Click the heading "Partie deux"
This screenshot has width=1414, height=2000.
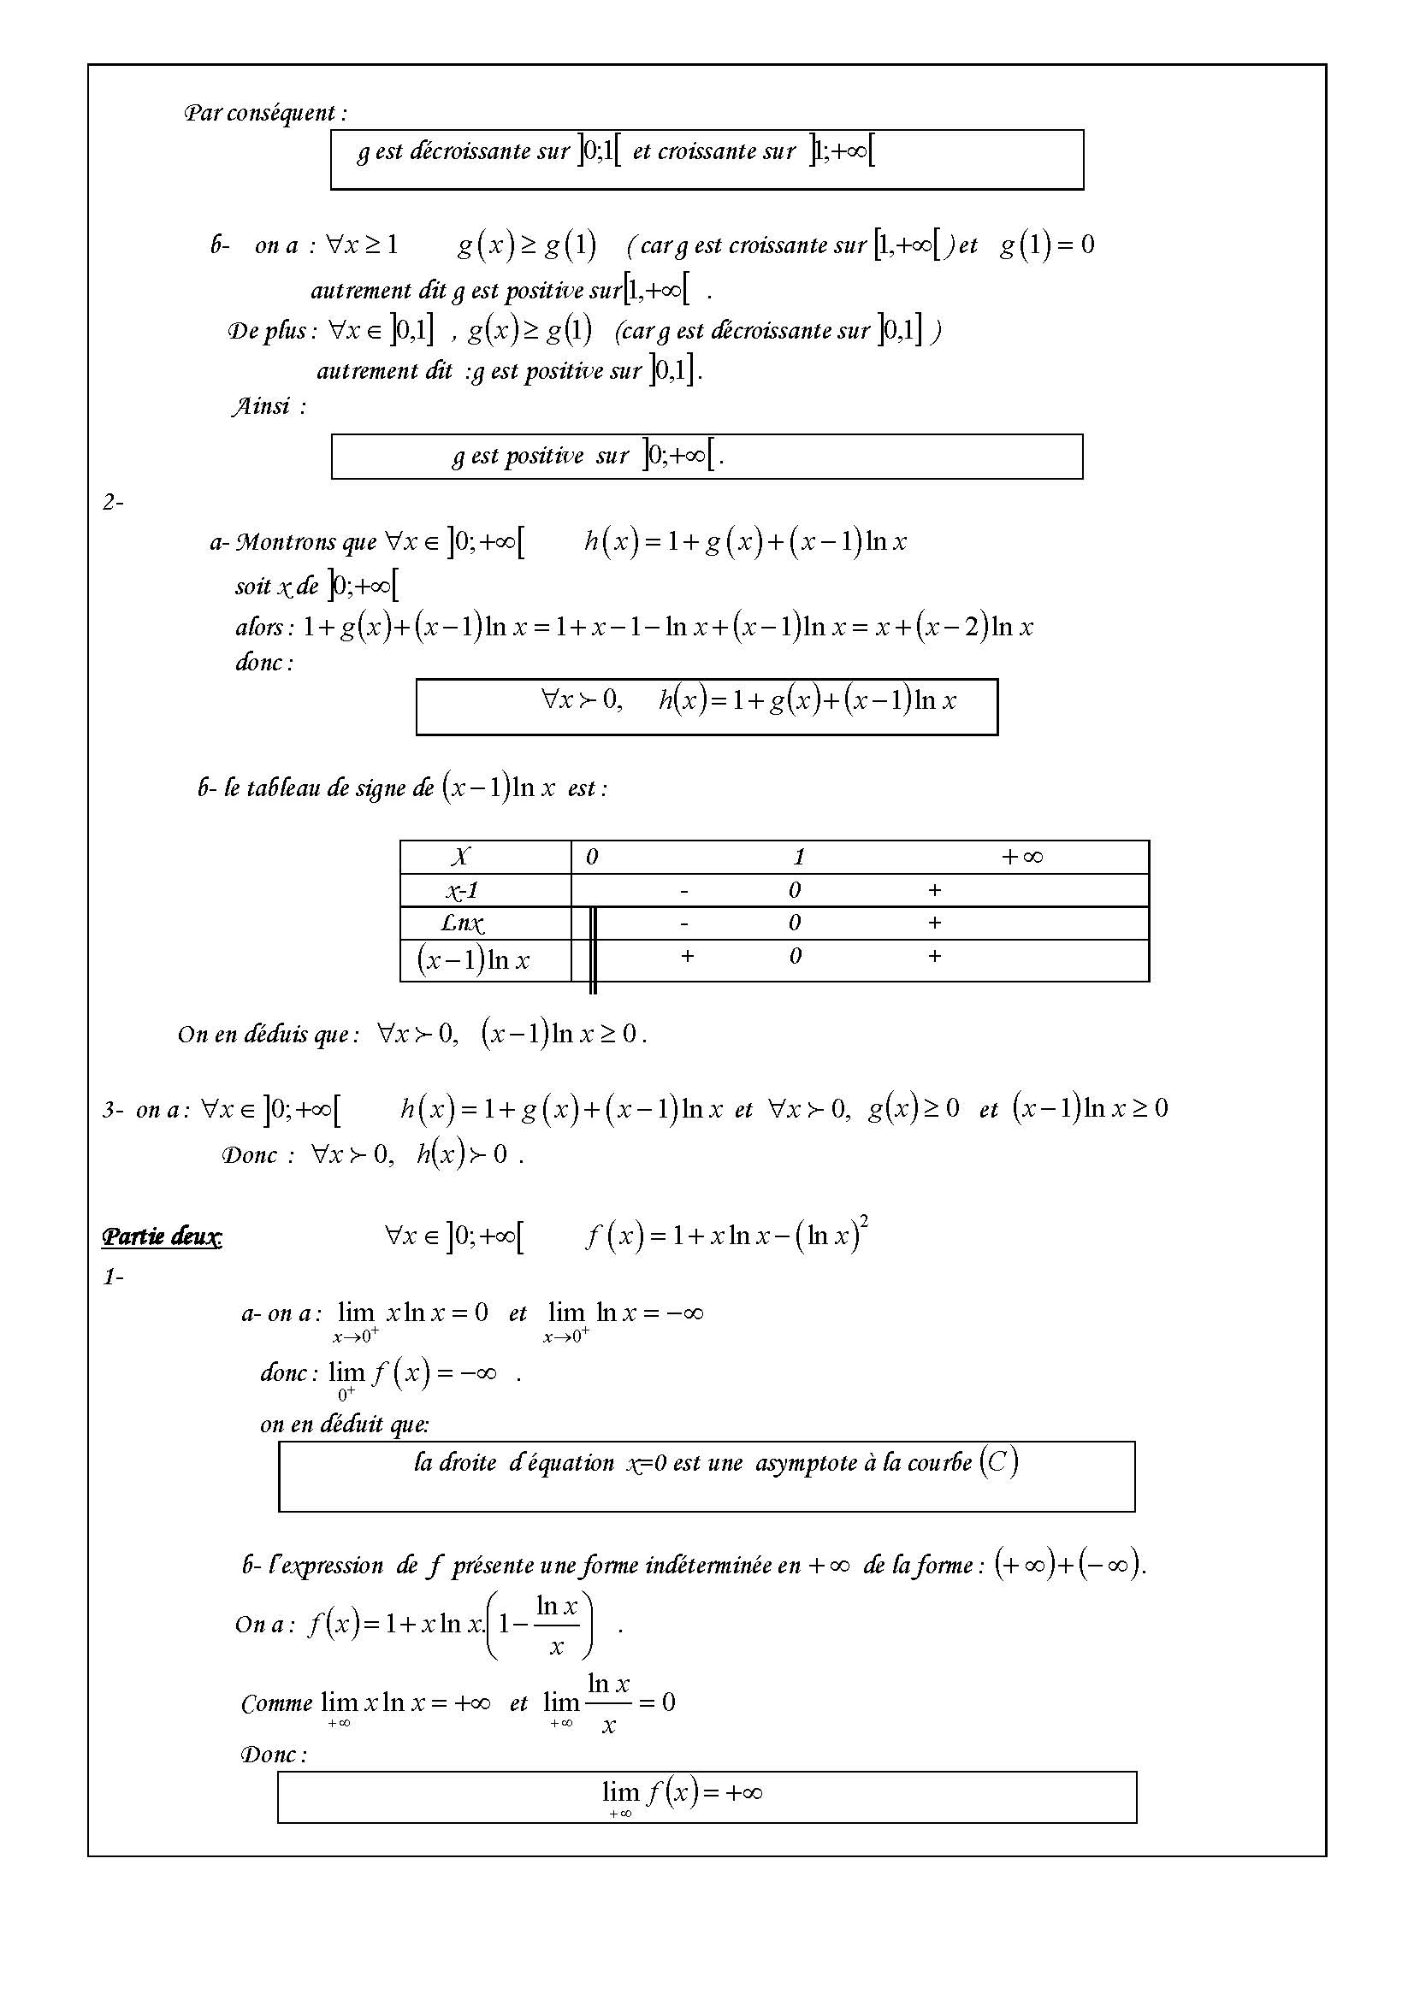pos(161,1236)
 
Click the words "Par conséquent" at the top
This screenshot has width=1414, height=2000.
pos(265,112)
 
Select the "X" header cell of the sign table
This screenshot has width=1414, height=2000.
pos(460,857)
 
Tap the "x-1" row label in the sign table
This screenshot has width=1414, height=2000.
pos(462,890)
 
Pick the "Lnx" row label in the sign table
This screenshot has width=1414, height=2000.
pos(462,923)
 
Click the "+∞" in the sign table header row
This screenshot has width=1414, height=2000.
pos(1022,857)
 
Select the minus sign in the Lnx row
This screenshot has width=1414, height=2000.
pos(685,923)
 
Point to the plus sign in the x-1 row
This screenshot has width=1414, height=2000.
pos(935,890)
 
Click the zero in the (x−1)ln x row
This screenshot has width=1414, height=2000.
pos(796,957)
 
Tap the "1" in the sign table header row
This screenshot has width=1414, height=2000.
pos(799,857)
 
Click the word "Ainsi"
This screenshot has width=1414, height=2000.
pos(261,406)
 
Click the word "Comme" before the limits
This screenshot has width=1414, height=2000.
pos(276,1704)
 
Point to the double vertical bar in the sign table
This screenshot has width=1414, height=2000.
pos(594,949)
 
